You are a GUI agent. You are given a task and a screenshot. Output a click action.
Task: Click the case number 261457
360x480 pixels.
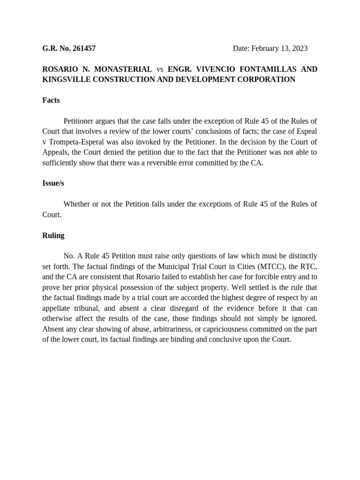[x=82, y=48]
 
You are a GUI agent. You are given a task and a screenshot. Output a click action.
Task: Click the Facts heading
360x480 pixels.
[x=51, y=100]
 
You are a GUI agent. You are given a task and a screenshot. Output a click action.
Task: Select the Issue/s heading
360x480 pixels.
[x=53, y=183]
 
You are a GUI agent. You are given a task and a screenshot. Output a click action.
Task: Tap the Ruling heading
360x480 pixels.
[x=53, y=235]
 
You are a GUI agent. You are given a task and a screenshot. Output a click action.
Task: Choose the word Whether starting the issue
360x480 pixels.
[x=78, y=204]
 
